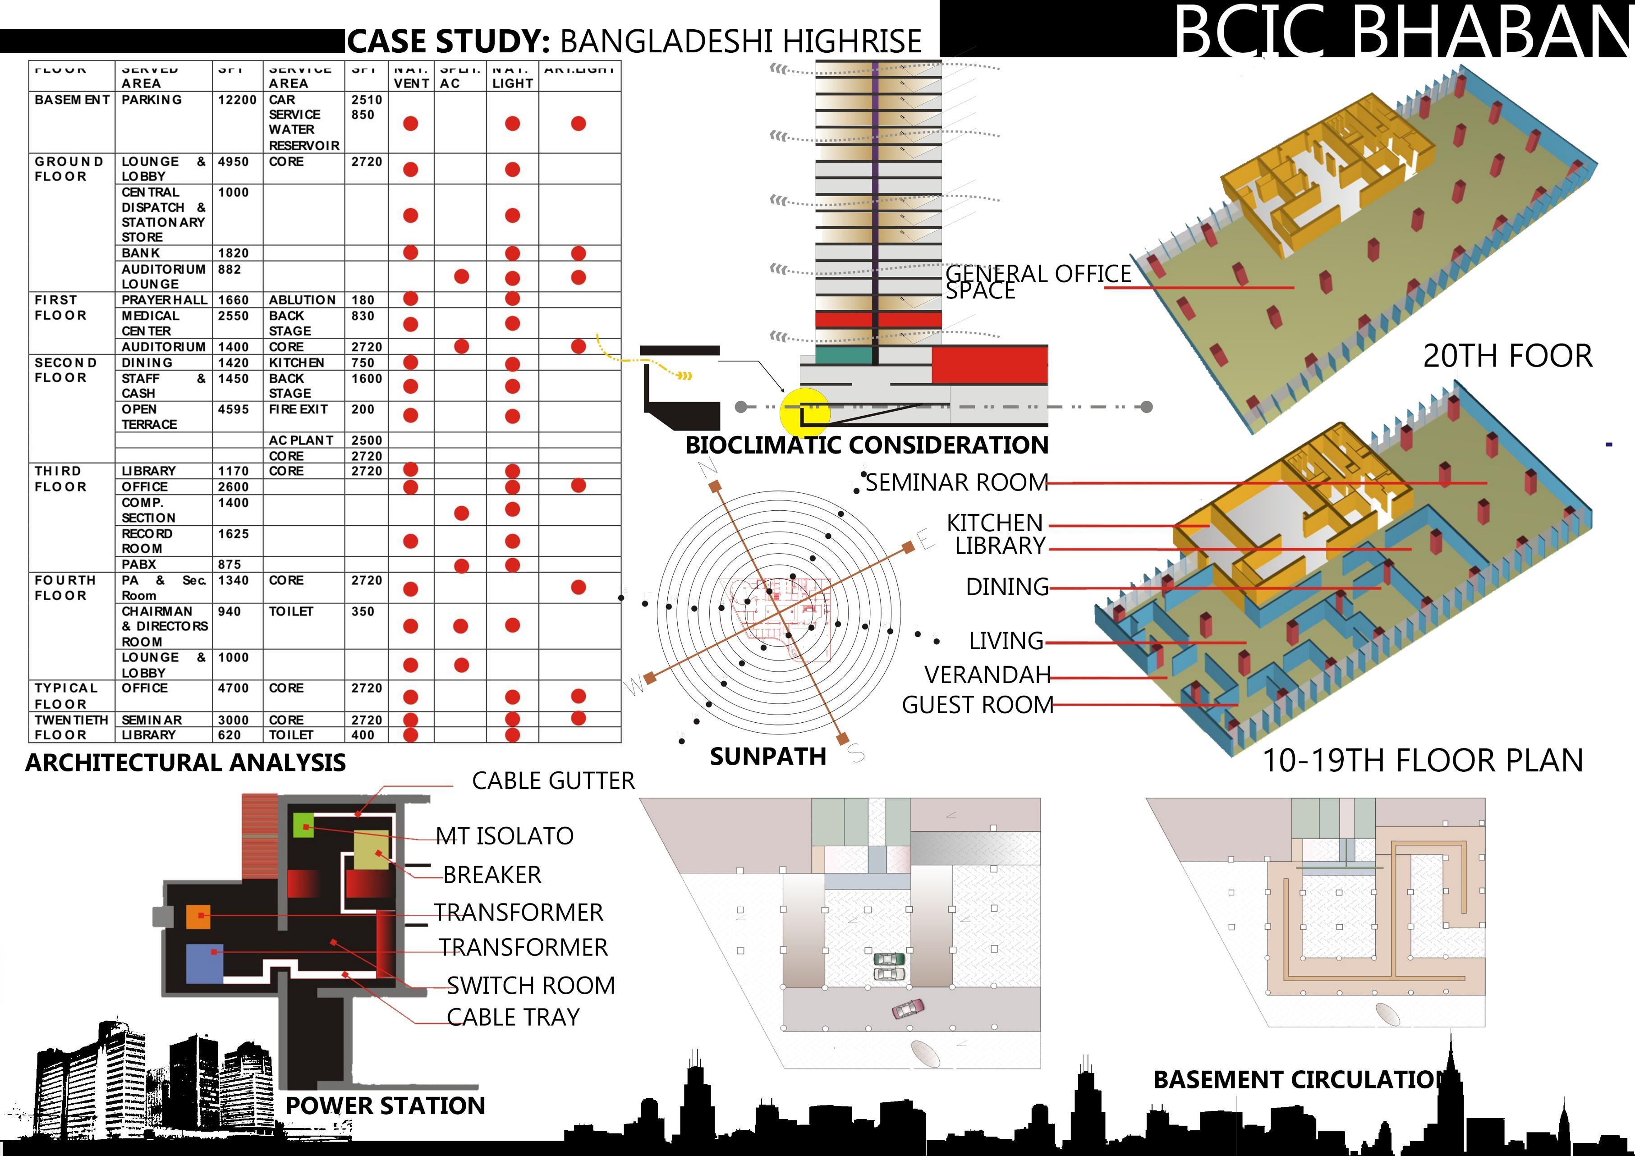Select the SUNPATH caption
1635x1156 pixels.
click(x=767, y=757)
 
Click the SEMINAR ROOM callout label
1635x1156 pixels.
click(x=956, y=482)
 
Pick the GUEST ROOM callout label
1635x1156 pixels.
click(x=977, y=705)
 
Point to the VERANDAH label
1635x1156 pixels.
click(x=987, y=674)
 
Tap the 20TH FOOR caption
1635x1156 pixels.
click(x=1507, y=356)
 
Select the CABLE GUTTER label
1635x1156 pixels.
click(x=553, y=781)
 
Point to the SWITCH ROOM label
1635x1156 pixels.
click(x=531, y=985)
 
